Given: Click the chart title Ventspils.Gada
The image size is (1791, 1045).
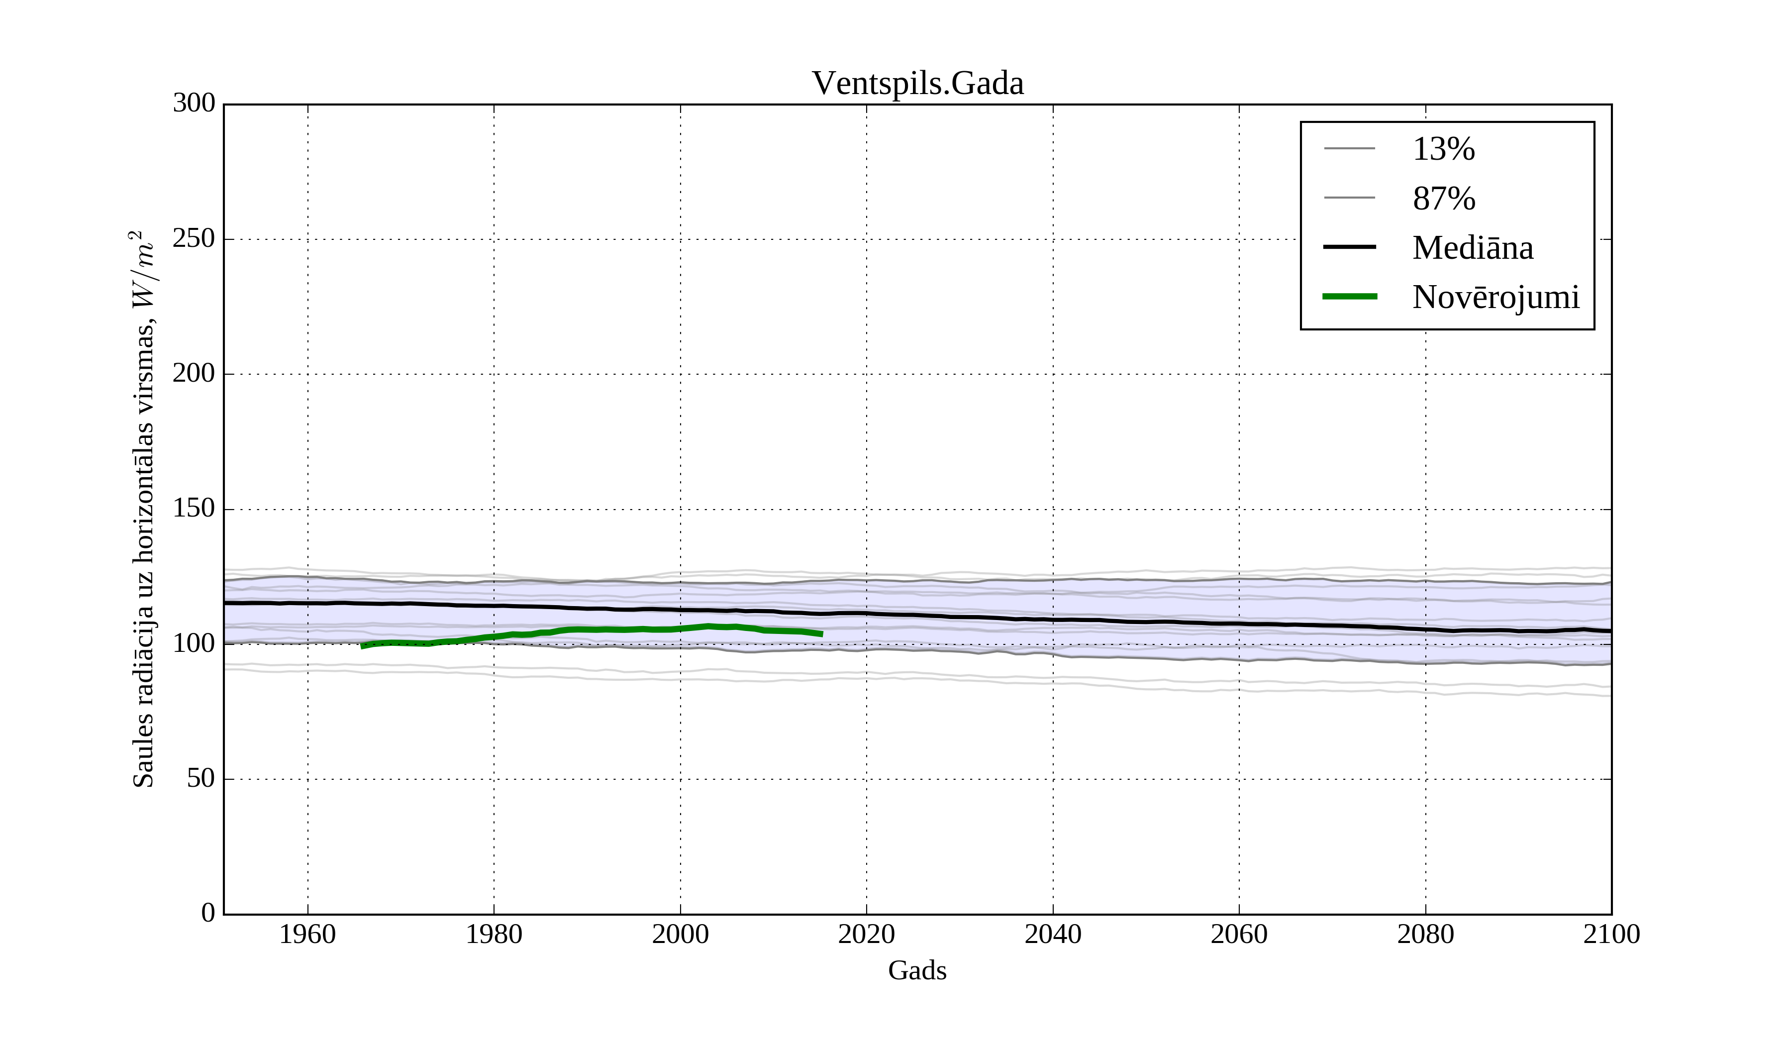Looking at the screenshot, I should coord(917,84).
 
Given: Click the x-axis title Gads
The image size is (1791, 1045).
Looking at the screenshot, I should coord(917,970).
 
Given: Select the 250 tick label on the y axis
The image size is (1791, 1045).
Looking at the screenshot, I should coord(194,239).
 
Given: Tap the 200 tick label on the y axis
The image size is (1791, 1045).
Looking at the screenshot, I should coord(194,373).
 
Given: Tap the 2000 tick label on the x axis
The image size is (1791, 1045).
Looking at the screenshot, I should coord(680,934).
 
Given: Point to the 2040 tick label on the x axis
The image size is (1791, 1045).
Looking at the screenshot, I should coord(1053,934).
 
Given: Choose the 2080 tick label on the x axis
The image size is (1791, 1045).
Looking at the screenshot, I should coord(1425,934).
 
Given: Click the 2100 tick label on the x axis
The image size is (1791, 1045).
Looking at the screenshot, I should coord(1611,934).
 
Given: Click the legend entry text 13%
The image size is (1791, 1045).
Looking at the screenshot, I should coord(1443,149).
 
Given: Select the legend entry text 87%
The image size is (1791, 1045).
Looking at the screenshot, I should coord(1443,199).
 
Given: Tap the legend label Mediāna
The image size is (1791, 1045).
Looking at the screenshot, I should coord(1473,248).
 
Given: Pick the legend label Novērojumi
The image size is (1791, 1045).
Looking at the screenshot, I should coord(1495,297).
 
